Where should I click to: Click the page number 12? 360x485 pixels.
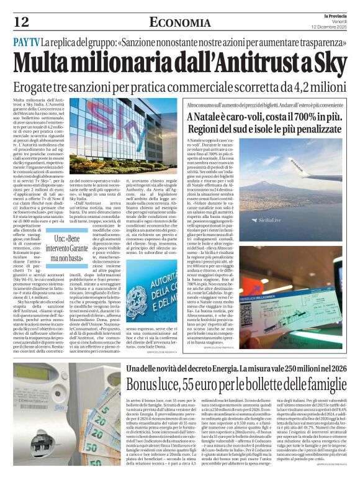click(x=21, y=22)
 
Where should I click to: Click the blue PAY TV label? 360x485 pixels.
click(x=27, y=43)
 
